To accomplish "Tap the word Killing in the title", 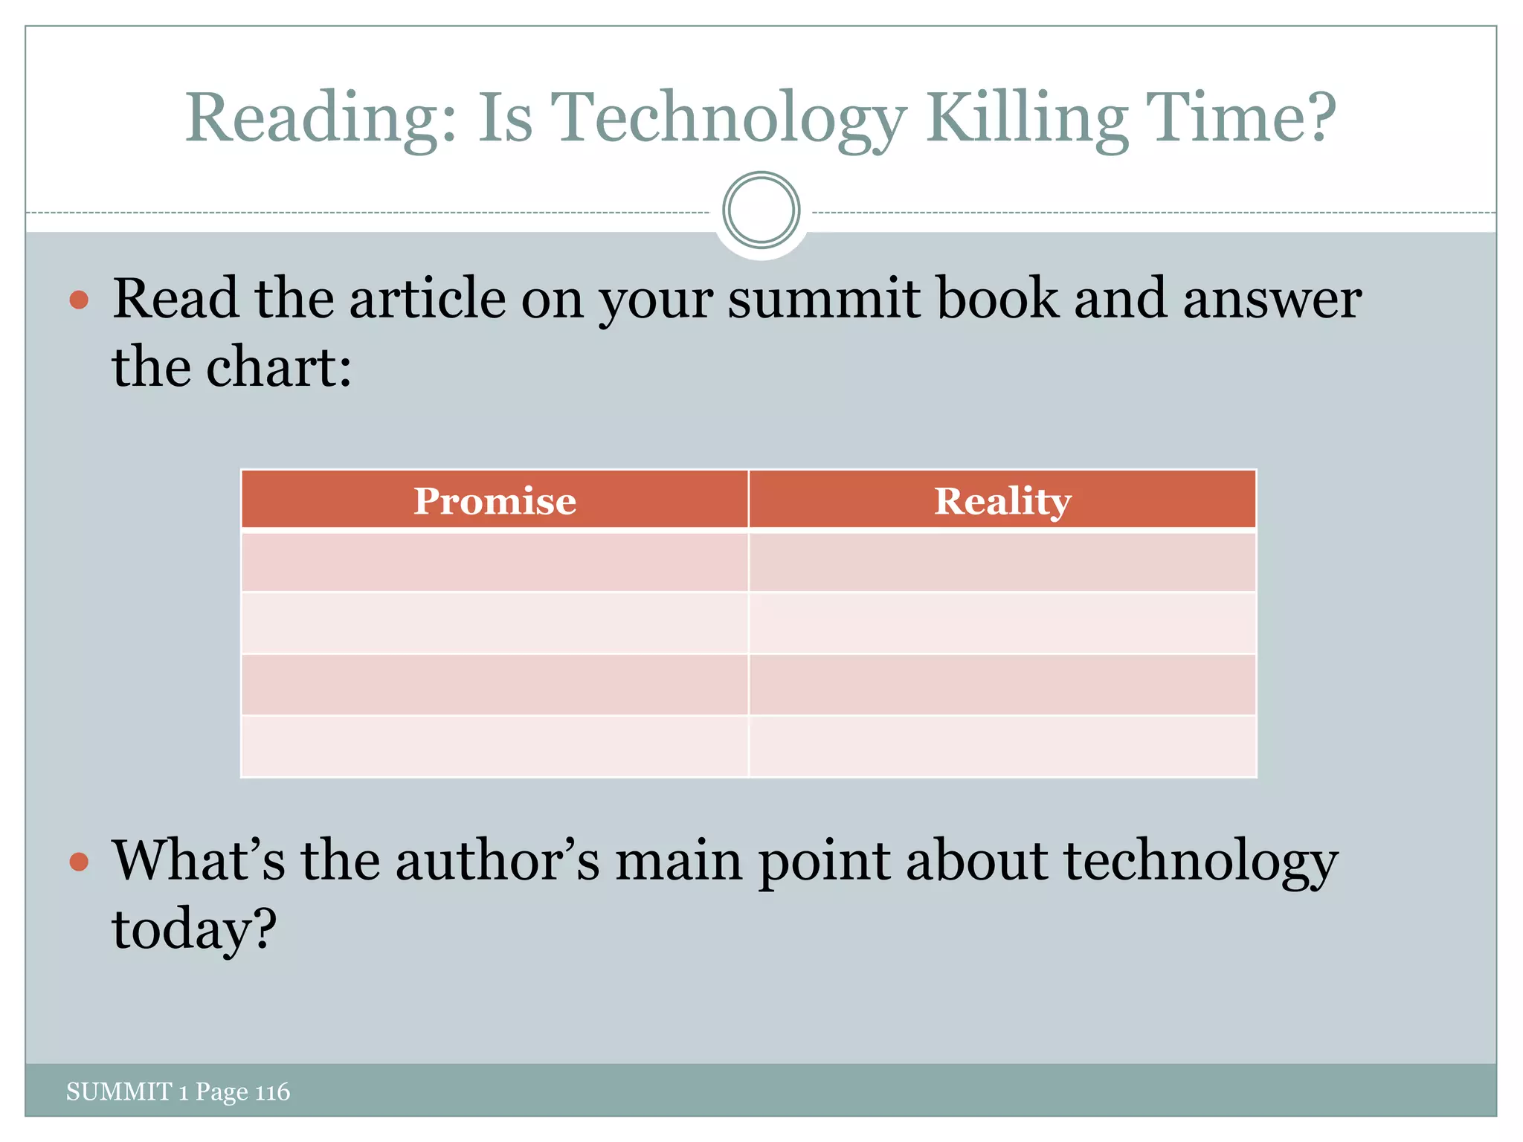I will (x=1026, y=119).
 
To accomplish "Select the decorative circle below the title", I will (x=761, y=210).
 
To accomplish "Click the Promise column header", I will (x=495, y=500).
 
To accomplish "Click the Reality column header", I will (x=1002, y=500).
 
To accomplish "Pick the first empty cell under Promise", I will (x=495, y=562).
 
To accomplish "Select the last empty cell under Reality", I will (x=1002, y=746).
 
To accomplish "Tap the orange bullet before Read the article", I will (x=79, y=300).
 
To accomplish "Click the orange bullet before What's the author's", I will (x=79, y=862).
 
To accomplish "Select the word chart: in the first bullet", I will (x=278, y=368).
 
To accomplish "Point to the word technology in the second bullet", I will (x=1200, y=862).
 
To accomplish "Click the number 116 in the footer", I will (x=272, y=1091).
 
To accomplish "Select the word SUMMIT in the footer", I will (x=119, y=1091).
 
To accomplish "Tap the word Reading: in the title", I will (x=321, y=119).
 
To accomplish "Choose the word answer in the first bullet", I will (x=1272, y=299).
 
